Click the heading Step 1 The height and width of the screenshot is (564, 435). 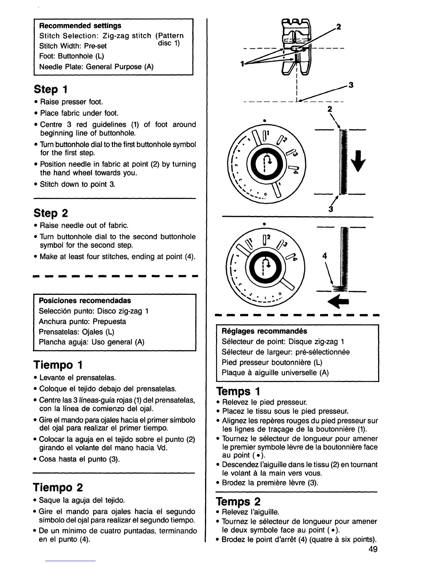51,89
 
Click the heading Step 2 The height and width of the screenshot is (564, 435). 51,213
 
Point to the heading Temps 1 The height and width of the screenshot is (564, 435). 238,391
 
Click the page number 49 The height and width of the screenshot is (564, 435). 373,549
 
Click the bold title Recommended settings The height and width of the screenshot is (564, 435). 80,26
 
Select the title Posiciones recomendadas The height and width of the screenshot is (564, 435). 85,301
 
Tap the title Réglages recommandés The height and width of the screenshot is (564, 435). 264,331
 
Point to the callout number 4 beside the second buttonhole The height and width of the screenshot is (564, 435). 324,256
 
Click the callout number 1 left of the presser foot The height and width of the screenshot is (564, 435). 242,64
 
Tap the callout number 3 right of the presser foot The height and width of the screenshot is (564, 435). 351,85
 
